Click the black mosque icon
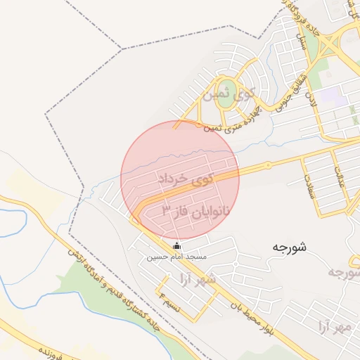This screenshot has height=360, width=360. point(176,246)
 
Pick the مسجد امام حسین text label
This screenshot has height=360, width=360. point(176,258)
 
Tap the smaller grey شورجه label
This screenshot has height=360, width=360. point(345,272)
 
